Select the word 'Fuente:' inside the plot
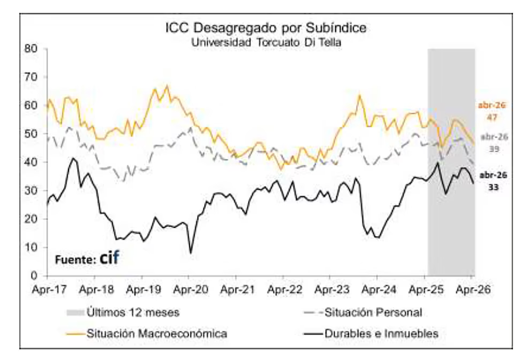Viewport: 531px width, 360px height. click(x=76, y=260)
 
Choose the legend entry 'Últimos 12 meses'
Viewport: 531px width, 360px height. click(x=123, y=312)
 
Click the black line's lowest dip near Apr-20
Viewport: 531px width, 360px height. click(x=191, y=253)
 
